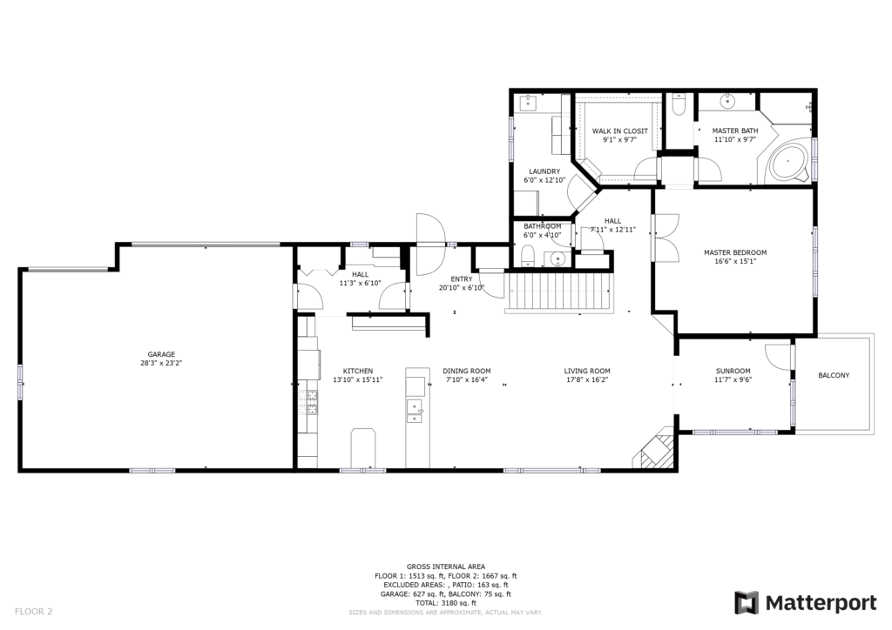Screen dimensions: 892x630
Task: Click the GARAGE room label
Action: click(161, 354)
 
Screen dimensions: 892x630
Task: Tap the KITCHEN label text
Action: click(358, 371)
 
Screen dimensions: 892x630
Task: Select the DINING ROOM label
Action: click(467, 371)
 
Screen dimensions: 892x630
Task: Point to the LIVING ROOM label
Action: click(587, 371)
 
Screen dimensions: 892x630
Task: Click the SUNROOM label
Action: click(733, 371)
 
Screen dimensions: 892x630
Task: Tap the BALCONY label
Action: click(834, 375)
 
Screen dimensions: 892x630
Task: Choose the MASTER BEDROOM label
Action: click(735, 253)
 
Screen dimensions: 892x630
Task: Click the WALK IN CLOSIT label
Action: click(619, 131)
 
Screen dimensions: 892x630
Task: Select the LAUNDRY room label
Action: click(544, 171)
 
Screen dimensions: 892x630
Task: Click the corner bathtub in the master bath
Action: click(787, 162)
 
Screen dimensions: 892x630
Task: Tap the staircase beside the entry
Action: click(560, 292)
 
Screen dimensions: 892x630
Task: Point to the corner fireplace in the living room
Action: click(656, 452)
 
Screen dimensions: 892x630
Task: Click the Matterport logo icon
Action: click(747, 603)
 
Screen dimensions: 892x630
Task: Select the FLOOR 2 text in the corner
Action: click(34, 612)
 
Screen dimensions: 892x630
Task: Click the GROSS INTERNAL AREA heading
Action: click(446, 566)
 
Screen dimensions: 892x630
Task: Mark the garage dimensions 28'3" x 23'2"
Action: click(161, 363)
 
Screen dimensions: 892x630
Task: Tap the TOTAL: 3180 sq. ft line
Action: click(446, 603)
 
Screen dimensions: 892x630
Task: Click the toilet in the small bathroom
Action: click(527, 256)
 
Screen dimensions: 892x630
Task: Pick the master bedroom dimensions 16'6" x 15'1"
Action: click(735, 261)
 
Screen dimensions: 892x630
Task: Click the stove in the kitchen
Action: click(312, 402)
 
